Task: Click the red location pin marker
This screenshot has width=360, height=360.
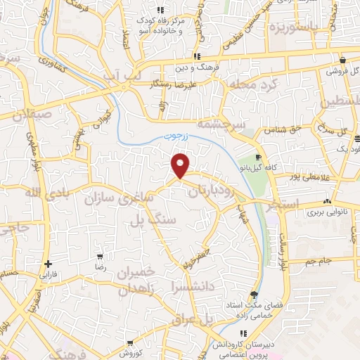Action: (x=181, y=165)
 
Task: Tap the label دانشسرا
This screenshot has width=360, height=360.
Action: (x=186, y=287)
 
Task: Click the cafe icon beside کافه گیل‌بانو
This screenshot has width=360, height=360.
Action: (x=258, y=156)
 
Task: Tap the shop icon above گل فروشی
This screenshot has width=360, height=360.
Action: (x=342, y=60)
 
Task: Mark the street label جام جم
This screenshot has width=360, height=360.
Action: (x=316, y=262)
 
